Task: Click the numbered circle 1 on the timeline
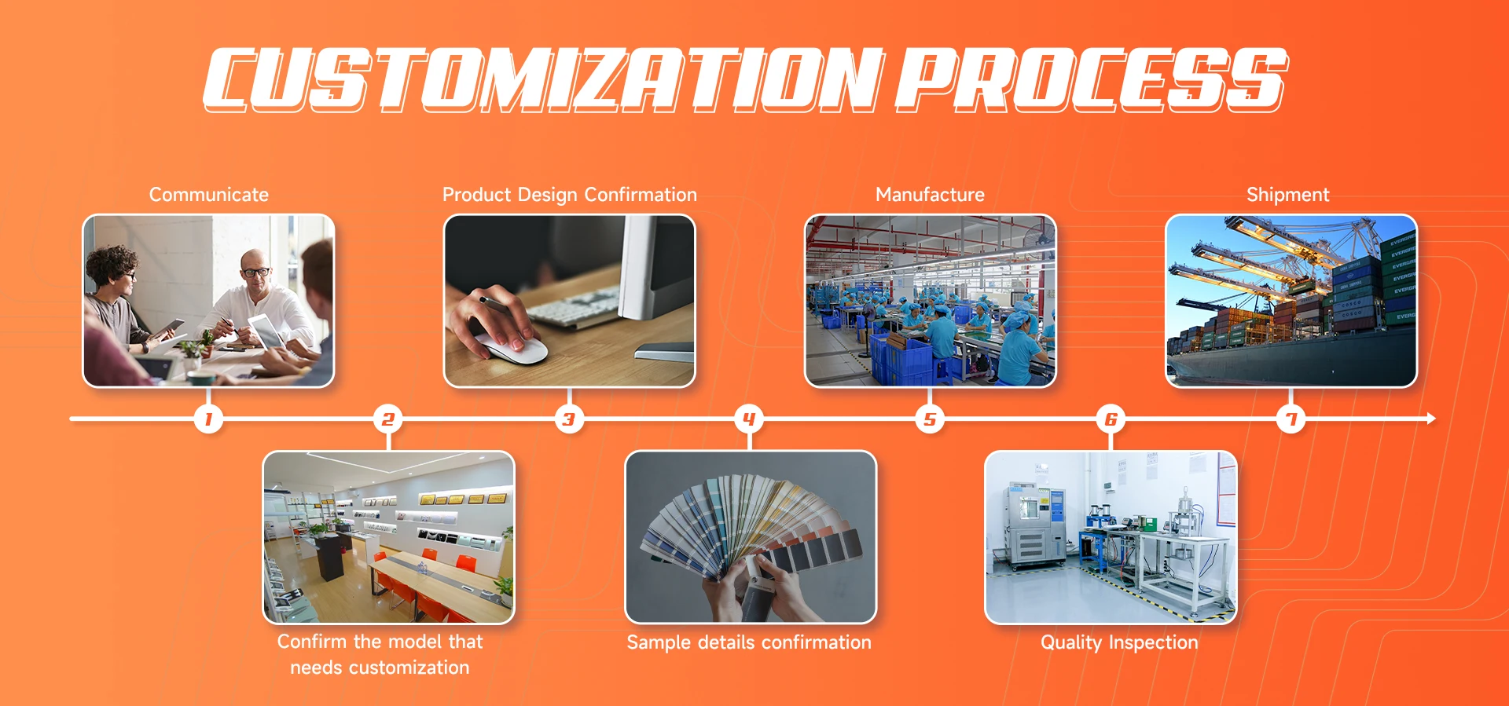pyautogui.click(x=208, y=419)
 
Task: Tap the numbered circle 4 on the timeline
pyautogui.click(x=749, y=419)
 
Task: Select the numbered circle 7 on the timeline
pyautogui.click(x=1291, y=419)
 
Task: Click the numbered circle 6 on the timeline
pyautogui.click(x=1111, y=419)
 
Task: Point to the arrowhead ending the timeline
pyautogui.click(x=1431, y=419)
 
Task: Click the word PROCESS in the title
pyautogui.click(x=1092, y=79)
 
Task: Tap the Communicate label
pyautogui.click(x=209, y=195)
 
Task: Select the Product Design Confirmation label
pyautogui.click(x=570, y=195)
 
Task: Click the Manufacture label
pyautogui.click(x=930, y=195)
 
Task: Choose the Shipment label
pyautogui.click(x=1288, y=195)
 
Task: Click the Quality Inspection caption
pyautogui.click(x=1119, y=642)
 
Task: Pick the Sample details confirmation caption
pyautogui.click(x=749, y=642)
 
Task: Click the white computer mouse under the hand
pyautogui.click(x=515, y=346)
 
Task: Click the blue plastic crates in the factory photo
pyautogui.click(x=901, y=357)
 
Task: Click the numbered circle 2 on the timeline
pyautogui.click(x=388, y=419)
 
